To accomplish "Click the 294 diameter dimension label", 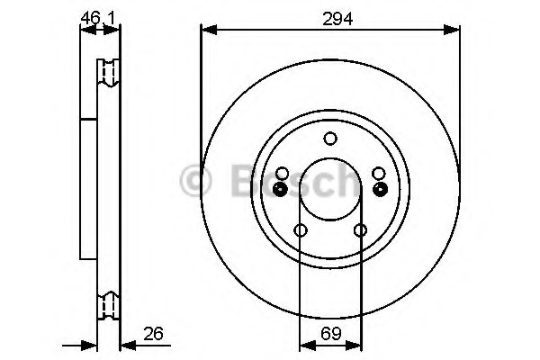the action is [x=337, y=19].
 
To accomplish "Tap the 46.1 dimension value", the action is [x=97, y=18].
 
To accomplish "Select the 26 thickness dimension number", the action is [x=154, y=334].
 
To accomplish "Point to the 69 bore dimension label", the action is [x=331, y=333].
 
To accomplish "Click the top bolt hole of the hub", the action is [x=330, y=139].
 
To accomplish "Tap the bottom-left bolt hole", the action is [x=301, y=230].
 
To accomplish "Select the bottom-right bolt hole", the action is [x=360, y=230].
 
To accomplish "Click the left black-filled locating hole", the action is [x=280, y=189].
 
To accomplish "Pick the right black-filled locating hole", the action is [x=381, y=189].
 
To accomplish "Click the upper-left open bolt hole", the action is [x=282, y=174].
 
